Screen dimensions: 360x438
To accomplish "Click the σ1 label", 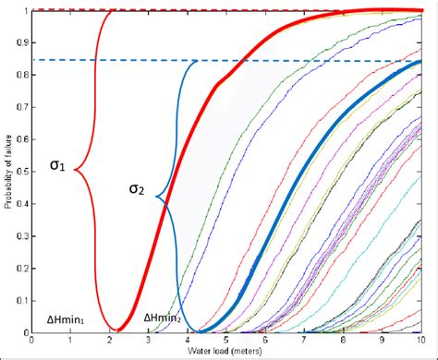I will click(57, 166).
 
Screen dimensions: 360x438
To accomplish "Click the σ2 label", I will click(137, 191).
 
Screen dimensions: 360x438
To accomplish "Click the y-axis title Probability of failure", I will click(8, 171).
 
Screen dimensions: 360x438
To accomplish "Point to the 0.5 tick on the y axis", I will click(23, 171).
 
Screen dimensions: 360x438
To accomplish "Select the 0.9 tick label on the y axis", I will click(23, 42).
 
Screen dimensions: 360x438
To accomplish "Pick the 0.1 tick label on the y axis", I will click(23, 299).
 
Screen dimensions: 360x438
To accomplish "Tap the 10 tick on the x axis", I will click(421, 341).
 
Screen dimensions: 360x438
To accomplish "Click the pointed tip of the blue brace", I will click(156, 197).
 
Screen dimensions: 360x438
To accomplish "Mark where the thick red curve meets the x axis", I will click(117, 330).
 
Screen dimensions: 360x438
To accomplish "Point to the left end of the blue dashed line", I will click(34, 59).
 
